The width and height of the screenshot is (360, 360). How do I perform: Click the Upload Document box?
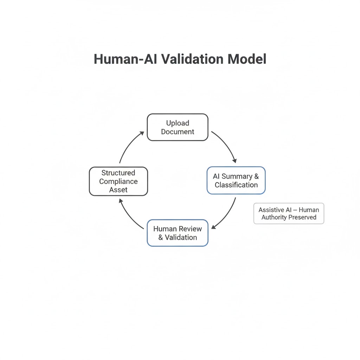178,127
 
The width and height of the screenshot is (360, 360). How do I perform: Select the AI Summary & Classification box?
236,180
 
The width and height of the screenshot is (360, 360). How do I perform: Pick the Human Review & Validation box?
178,233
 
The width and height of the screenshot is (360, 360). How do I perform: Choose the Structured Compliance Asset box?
118,181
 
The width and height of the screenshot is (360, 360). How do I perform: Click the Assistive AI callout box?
289,213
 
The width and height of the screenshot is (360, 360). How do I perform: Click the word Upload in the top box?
178,123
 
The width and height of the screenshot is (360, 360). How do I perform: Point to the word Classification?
236,185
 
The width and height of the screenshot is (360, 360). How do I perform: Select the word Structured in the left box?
118,173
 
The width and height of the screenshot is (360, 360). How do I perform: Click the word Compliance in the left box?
118,181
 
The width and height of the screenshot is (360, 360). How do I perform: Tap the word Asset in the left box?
118,190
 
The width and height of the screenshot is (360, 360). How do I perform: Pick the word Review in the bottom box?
190,229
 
